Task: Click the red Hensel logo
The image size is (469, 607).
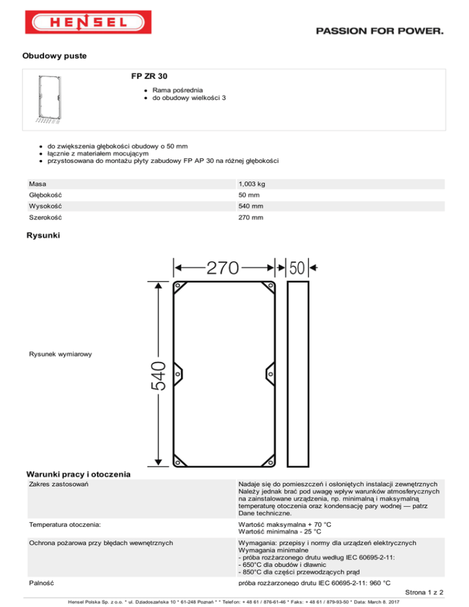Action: [89, 22]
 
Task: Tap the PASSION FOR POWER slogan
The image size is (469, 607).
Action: [380, 31]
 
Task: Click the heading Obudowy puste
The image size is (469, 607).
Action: [54, 56]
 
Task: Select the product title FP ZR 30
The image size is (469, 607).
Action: [149, 76]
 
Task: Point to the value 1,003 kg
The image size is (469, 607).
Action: [252, 184]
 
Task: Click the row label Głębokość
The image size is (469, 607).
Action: [45, 195]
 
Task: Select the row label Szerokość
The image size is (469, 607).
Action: [45, 217]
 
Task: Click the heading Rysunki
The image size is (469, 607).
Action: [43, 235]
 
